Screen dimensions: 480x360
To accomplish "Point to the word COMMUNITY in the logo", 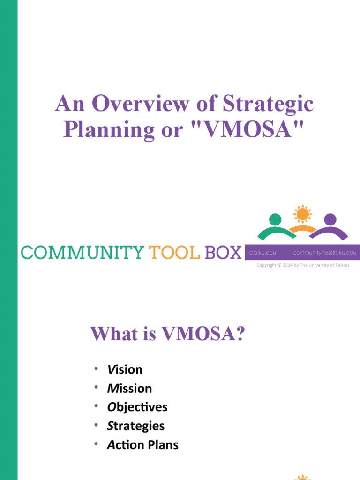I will [x=82, y=253].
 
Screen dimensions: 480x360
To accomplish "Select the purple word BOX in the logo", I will [x=223, y=253].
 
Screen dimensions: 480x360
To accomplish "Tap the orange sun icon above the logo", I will [x=302, y=214].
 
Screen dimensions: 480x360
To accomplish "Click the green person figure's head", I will [x=276, y=219].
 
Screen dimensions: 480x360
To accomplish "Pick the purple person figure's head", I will [x=330, y=219].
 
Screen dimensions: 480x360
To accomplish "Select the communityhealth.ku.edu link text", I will [x=324, y=253].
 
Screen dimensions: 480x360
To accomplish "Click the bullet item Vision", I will [x=125, y=369].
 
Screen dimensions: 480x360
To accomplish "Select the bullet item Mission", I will [x=129, y=388].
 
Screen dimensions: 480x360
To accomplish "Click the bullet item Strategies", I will [x=136, y=426].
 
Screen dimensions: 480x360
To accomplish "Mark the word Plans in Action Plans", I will [x=163, y=444].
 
